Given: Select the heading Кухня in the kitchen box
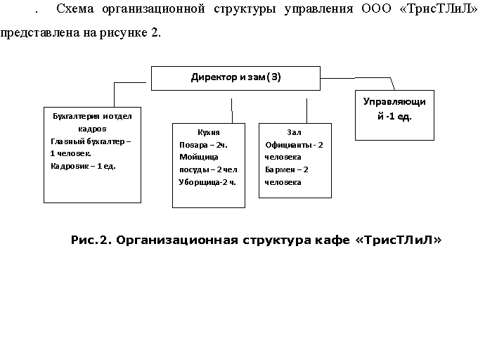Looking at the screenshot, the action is coord(209,132).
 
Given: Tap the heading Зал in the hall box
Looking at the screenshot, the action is coord(294,132).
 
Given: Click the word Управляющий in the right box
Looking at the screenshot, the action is coord(394,109).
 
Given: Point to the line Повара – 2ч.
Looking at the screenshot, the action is coord(203,145).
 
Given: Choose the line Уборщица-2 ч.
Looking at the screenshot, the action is coord(207,182).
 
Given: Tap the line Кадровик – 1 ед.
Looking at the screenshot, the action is coord(83,167).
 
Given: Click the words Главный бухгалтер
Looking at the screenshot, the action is coord(88,141).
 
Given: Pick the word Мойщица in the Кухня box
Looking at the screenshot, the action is coord(199,157).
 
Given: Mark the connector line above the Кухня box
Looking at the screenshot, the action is coord(232,111).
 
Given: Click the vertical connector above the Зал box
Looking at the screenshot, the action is coord(306,111).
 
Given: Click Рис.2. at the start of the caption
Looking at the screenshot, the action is coord(91,240).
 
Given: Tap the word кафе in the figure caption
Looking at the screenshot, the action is coord(332,240).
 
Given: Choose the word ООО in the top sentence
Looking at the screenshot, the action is coord(376,9).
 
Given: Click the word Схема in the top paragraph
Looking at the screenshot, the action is coord(75,9).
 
